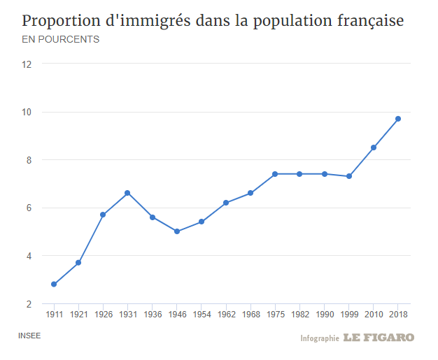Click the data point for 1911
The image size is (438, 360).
(54, 284)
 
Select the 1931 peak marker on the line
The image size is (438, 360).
(127, 193)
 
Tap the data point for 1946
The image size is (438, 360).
(176, 231)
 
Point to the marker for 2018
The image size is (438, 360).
(398, 119)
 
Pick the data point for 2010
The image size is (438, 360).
(374, 147)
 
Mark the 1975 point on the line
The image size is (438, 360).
(275, 174)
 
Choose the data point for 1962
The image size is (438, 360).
(226, 203)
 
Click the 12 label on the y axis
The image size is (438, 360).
(27, 64)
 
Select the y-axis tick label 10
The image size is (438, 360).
(27, 113)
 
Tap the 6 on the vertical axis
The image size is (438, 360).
(29, 208)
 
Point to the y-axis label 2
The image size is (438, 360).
(29, 304)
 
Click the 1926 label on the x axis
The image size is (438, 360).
(103, 315)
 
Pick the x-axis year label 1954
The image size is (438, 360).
(201, 315)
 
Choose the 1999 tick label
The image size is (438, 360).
(348, 315)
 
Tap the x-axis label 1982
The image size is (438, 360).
(299, 315)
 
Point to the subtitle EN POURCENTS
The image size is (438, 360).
(61, 39)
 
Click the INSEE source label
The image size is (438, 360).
(29, 336)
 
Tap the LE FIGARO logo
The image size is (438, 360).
(379, 338)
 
